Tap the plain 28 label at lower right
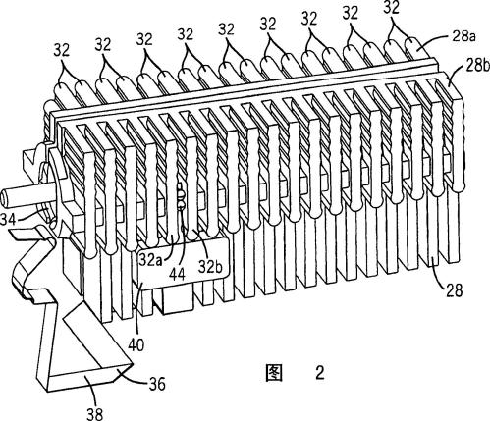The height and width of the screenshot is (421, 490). point(454,290)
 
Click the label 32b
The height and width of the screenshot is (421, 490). point(211,267)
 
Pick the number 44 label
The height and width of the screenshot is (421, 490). point(177,274)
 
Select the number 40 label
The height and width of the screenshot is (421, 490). point(136,344)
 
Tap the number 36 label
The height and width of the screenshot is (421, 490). point(157,384)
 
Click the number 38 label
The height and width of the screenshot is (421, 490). point(95,414)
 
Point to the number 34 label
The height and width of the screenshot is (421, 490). point(8,219)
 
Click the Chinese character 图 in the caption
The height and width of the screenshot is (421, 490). point(273,373)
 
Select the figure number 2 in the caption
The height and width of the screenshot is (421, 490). point(320,373)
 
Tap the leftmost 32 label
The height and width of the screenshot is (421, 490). point(61,51)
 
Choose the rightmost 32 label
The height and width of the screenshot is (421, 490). point(391,7)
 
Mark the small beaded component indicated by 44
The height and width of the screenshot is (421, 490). point(181,196)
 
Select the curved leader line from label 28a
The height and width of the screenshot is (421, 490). point(435,43)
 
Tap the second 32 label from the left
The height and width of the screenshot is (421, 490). point(103,45)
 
